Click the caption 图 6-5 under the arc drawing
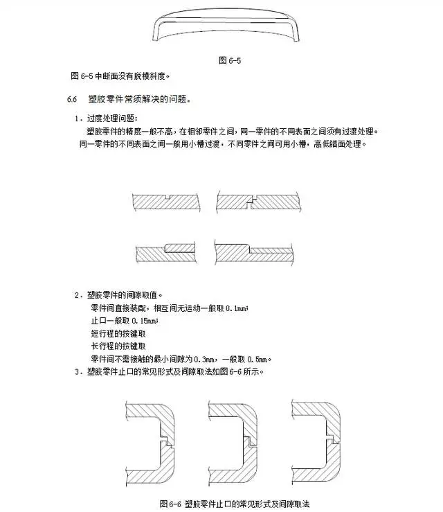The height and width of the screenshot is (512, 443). [230, 60]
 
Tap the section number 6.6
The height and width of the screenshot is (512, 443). [72, 99]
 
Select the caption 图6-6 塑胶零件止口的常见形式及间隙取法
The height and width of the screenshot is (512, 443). [234, 504]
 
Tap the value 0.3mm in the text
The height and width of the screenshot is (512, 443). [204, 360]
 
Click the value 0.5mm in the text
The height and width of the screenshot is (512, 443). [258, 360]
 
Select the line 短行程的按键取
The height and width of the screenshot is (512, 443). [118, 334]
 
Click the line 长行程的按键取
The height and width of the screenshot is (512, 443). [118, 346]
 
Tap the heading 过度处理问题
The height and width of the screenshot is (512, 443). [112, 118]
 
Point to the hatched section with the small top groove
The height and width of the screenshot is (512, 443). [166, 202]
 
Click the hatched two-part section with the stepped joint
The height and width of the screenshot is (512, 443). [258, 202]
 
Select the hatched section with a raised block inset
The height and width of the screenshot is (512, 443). [166, 253]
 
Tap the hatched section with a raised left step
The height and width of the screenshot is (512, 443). [254, 251]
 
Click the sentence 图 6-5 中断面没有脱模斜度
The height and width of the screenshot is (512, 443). [120, 76]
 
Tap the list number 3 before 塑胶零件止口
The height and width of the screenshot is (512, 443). [77, 372]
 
